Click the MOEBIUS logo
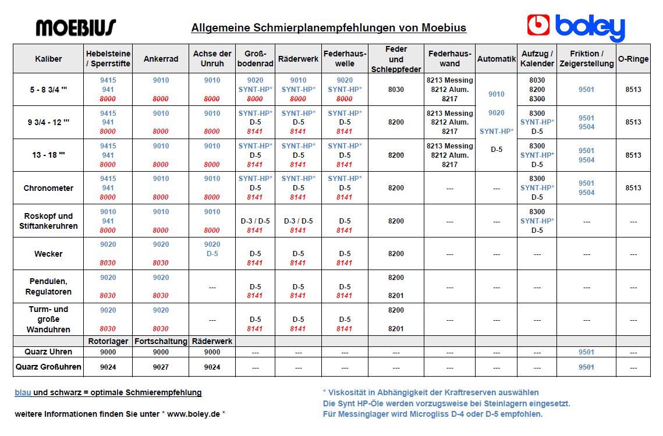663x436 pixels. pos(76,27)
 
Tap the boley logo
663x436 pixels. pos(576,27)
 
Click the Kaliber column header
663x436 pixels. pos(48,59)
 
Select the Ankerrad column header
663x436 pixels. pos(161,59)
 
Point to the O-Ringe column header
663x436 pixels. pos(633,59)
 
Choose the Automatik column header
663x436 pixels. pos(497,59)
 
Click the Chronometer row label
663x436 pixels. pos(48,188)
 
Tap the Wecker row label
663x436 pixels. pos(48,254)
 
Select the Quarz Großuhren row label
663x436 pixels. pos(48,367)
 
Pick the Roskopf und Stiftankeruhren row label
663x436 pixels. pos(48,221)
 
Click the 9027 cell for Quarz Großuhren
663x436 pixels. pos(161,367)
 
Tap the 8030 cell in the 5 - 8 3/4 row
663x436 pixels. pos(396,90)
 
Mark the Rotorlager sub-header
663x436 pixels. pos(108,341)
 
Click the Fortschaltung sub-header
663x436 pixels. pos(161,341)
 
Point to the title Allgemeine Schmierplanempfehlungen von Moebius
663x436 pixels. pos(328,28)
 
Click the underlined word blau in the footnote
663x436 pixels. pos(23,392)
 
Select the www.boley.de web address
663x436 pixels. pos(193,414)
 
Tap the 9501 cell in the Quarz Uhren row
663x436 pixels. pos(586,352)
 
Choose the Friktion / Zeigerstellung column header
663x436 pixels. pos(586,59)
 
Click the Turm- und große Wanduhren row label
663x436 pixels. pos(48,319)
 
